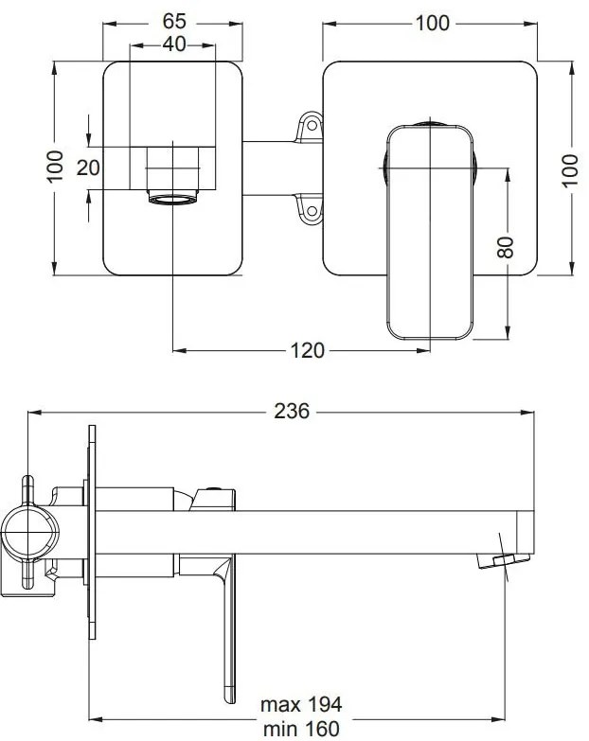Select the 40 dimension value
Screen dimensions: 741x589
173,44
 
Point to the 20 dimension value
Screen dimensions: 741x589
87,168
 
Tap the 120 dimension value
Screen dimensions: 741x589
307,351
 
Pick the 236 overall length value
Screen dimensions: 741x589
293,412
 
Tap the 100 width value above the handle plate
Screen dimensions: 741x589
432,23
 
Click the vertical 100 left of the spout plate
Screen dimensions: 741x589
56,168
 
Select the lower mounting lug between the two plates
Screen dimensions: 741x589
310,209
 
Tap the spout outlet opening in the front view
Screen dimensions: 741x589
173,200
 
